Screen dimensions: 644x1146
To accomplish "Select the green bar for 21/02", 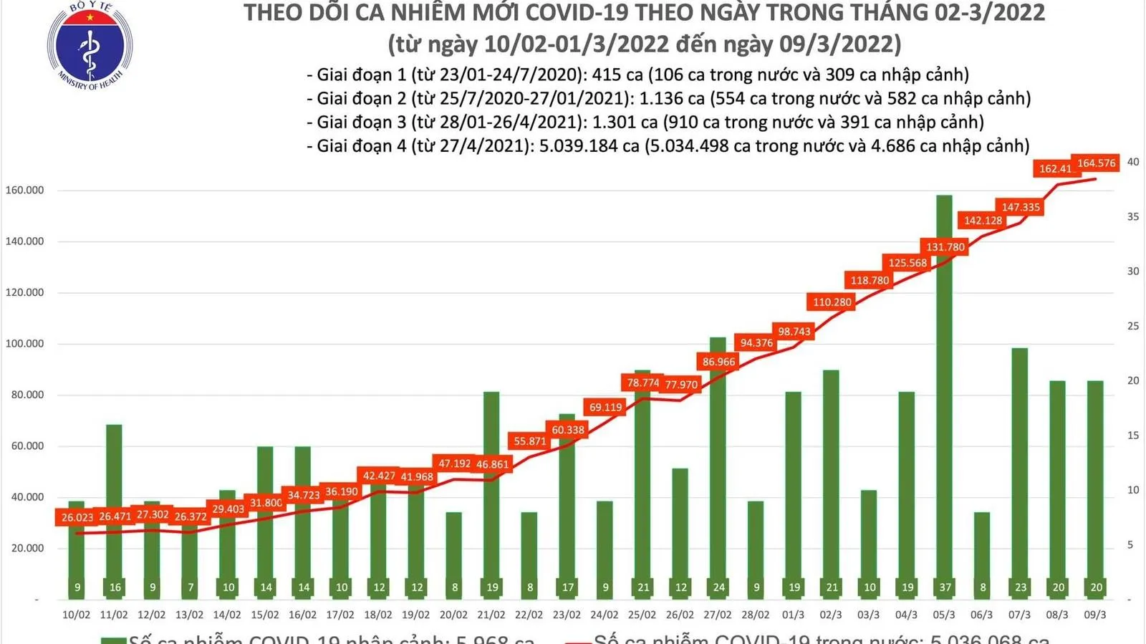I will click(491, 501).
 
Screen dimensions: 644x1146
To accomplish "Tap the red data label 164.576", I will click(1096, 163).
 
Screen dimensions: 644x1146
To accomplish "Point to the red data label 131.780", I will click(945, 247).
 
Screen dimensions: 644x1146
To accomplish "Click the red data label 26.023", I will click(77, 517).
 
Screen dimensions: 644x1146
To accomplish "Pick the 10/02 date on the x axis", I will click(77, 615).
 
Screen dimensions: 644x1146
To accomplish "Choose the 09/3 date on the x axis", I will click(1095, 615).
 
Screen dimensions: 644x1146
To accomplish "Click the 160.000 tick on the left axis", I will click(25, 191).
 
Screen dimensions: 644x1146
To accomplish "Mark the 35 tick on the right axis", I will click(1133, 216).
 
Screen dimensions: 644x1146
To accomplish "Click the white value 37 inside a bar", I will click(945, 587).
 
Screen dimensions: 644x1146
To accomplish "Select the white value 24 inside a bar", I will click(718, 587).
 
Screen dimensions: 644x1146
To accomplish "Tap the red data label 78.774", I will click(642, 383).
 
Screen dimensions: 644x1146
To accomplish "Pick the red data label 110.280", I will click(832, 302).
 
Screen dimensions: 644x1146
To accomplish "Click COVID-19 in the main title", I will click(596, 13).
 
